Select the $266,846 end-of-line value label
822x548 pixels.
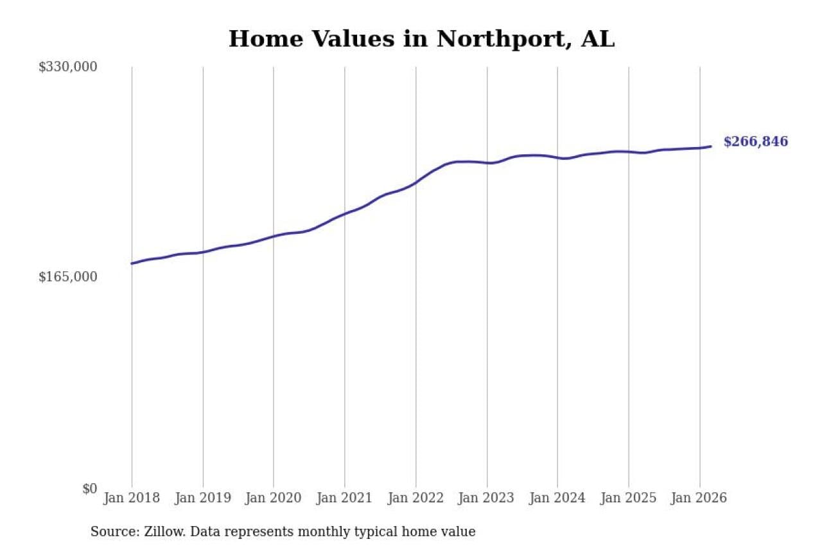tap(755, 142)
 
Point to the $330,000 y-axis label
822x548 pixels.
tap(67, 67)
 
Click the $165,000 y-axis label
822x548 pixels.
tap(67, 277)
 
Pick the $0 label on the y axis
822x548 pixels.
tap(89, 489)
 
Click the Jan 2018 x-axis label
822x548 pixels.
tap(131, 499)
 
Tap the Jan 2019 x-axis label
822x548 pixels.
tap(202, 499)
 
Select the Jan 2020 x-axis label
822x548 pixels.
tap(274, 499)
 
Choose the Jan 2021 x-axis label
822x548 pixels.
tap(344, 499)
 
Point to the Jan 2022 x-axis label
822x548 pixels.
tap(415, 499)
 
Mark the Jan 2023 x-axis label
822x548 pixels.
tap(486, 499)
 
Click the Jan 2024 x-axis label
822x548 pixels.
tap(557, 499)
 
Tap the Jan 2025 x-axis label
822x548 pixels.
tap(628, 499)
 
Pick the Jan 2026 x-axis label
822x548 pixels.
tap(699, 499)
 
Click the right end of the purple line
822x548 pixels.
tap(711, 146)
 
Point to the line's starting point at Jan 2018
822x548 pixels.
tap(132, 263)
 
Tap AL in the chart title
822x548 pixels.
tap(597, 39)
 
